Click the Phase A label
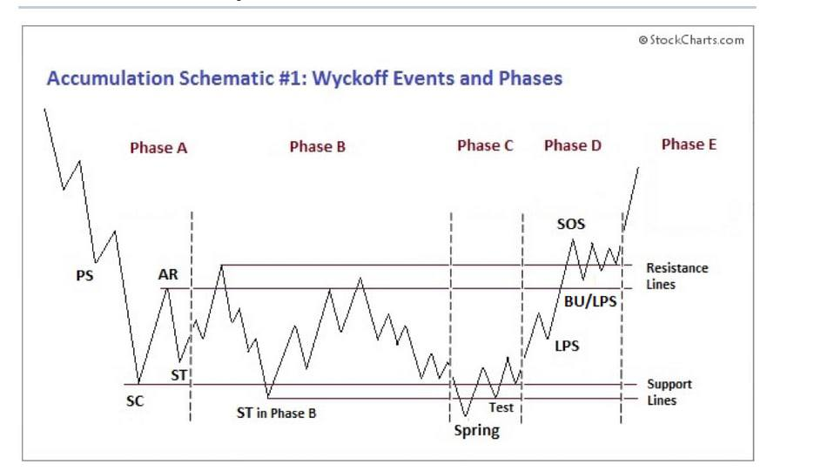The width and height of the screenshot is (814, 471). click(158, 148)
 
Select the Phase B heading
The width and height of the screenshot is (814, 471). click(317, 147)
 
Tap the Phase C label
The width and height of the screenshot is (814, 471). click(485, 146)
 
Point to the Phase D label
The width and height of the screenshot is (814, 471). click(572, 146)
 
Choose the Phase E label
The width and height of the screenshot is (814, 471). click(689, 145)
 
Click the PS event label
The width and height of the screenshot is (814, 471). click(84, 277)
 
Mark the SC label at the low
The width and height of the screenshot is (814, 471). click(135, 402)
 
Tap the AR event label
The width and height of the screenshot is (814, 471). click(168, 275)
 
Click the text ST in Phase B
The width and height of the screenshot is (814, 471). click(271, 413)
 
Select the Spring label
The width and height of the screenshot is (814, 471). click(476, 430)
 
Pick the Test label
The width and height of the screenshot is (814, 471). click(501, 407)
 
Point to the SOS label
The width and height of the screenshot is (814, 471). click(571, 225)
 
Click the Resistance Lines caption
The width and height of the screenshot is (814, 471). click(676, 276)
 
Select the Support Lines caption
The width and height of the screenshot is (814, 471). click(669, 393)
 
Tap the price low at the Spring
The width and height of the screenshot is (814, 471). click(465, 416)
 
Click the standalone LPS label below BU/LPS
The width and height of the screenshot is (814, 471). click(567, 347)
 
